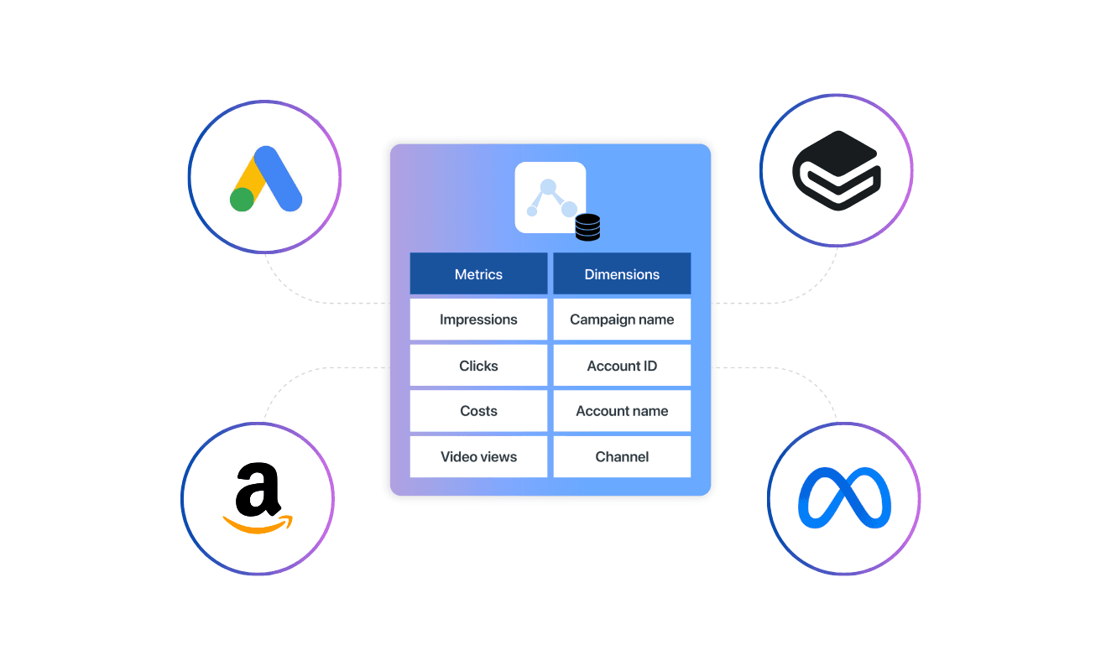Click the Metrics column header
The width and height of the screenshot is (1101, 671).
click(478, 274)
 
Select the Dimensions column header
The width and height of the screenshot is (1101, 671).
click(622, 274)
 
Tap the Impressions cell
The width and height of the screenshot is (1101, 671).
click(478, 320)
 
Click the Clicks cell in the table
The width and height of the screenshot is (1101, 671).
click(478, 366)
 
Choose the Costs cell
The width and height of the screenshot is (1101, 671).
click(478, 411)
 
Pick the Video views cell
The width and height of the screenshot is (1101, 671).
click(478, 457)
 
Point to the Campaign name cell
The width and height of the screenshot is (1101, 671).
click(622, 320)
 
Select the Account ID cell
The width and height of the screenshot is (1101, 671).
click(622, 366)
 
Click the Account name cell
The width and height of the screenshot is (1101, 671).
click(622, 411)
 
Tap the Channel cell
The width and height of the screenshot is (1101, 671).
click(622, 457)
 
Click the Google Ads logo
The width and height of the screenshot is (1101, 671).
click(265, 178)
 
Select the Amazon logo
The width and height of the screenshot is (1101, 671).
click(258, 498)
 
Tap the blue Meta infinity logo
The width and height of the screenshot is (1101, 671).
click(844, 498)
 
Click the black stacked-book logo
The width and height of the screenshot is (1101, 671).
click(836, 170)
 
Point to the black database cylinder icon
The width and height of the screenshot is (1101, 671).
click(587, 227)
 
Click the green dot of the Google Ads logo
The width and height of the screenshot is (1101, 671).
click(243, 200)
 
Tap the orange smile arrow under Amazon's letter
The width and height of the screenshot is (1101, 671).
click(258, 525)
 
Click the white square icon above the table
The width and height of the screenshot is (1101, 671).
click(550, 197)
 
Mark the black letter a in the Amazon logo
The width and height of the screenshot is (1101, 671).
click(258, 490)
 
